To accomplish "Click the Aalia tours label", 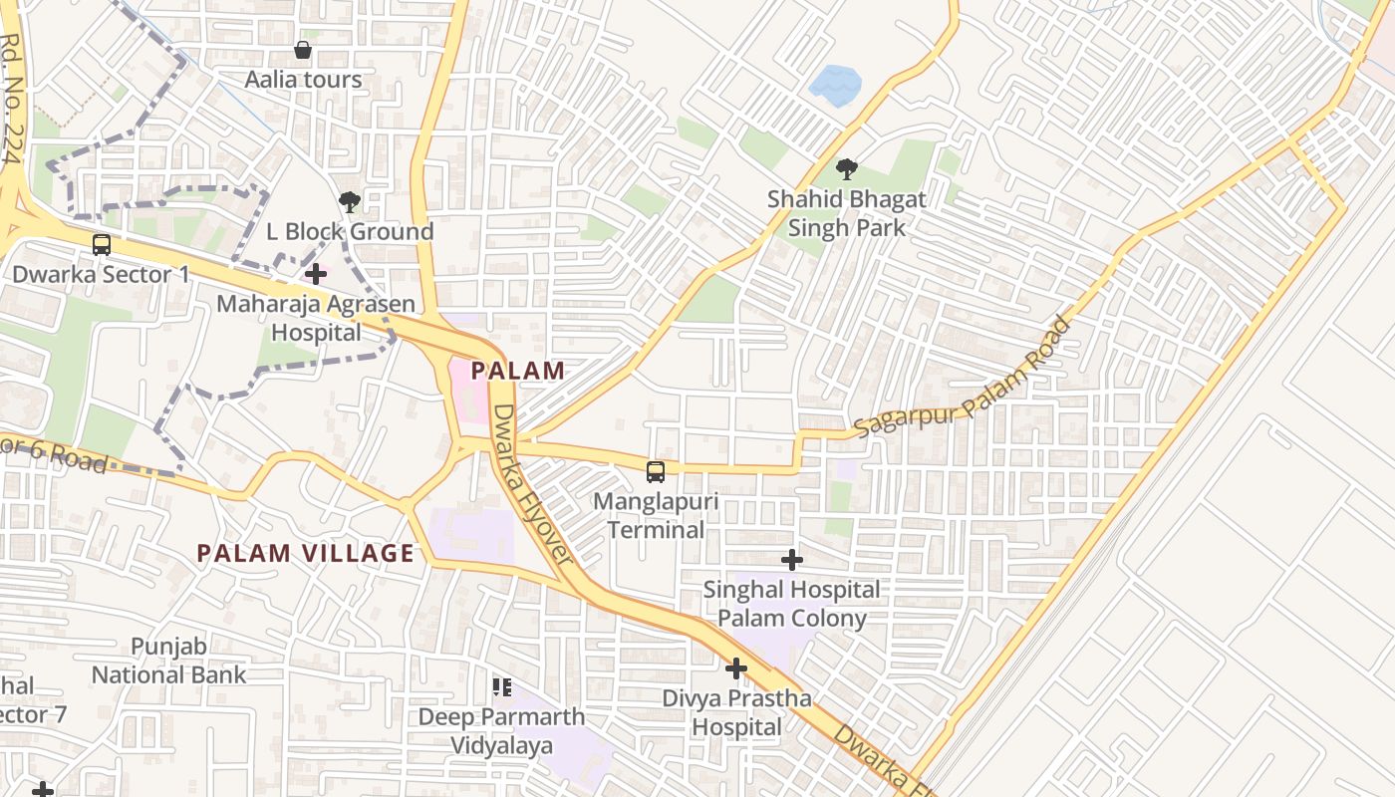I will tap(304, 79).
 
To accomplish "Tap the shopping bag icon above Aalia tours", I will tap(303, 49).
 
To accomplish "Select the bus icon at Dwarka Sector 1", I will tap(101, 244).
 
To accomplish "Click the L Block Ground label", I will tap(349, 231).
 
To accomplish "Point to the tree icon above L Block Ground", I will tap(349, 202).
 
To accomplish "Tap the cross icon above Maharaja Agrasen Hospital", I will tap(316, 273).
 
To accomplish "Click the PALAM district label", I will tap(517, 371).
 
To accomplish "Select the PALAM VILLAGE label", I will tap(305, 553).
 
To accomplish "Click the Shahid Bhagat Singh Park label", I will tap(847, 213).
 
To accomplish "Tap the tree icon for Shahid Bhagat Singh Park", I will tap(847, 169).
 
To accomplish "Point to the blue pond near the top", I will tap(835, 85).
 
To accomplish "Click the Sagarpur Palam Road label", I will tap(962, 378).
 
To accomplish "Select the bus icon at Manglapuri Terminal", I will tap(656, 472).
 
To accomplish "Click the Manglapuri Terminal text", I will tap(656, 515).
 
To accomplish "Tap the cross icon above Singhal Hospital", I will tap(791, 560).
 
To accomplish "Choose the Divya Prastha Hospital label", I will tap(737, 712).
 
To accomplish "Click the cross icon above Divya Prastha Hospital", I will tap(736, 668).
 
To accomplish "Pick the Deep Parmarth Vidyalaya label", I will tap(501, 730).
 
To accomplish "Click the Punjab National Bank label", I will tap(168, 661).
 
